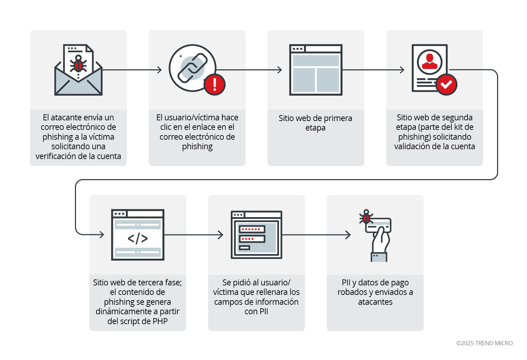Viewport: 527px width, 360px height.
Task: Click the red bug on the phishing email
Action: tap(78, 65)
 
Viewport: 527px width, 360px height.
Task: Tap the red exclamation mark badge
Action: tap(215, 84)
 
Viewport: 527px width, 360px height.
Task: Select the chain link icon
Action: tap(192, 67)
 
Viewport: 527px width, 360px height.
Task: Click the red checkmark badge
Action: tap(446, 84)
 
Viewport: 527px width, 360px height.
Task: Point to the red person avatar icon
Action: tap(430, 62)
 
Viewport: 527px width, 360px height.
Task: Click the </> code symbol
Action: tap(138, 238)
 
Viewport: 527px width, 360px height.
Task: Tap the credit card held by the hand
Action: tap(379, 225)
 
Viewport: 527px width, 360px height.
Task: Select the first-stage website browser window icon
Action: tap(316, 70)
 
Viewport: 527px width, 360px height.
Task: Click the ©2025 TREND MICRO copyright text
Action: tap(484, 343)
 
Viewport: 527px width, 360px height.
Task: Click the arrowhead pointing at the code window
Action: tap(102, 234)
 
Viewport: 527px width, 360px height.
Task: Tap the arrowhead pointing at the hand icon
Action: tap(348, 235)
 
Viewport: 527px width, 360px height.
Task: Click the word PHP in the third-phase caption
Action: tap(160, 321)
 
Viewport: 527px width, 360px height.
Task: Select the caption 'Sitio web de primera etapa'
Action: tap(315, 123)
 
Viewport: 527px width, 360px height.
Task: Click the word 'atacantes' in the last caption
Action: tap(375, 302)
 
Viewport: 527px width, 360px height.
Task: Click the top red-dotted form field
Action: tap(252, 229)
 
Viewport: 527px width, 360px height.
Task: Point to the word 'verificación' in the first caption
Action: tap(56, 156)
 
